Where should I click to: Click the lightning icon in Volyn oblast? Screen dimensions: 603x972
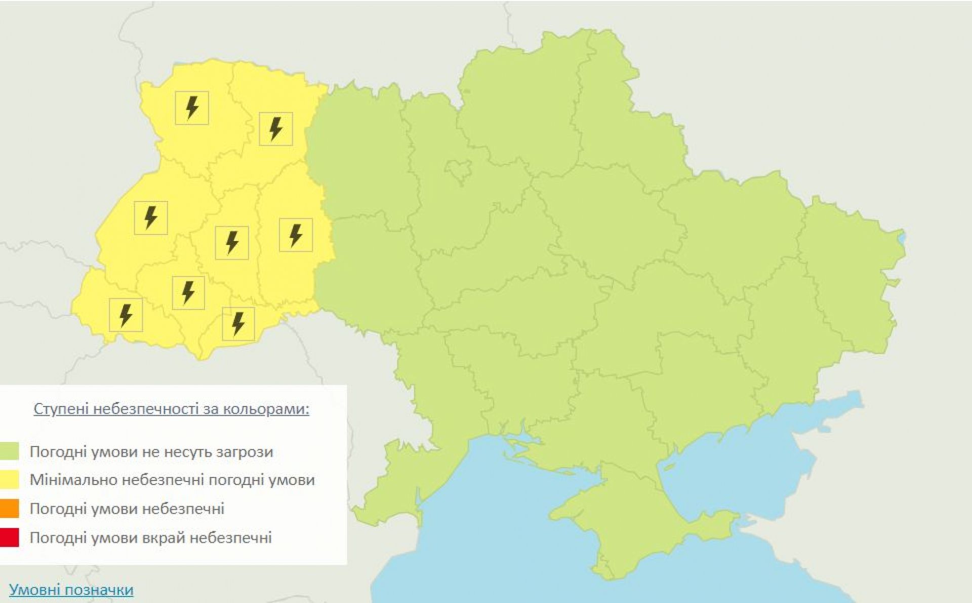192,108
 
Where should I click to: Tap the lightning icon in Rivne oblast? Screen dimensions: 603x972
276,129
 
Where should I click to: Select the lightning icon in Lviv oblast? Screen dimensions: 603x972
151,218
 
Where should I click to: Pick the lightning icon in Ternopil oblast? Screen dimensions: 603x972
232,243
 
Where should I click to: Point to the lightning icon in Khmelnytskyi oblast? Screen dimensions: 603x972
296,235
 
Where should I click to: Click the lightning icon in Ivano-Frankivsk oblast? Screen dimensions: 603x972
188,293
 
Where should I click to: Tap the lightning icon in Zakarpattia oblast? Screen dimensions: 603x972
126,315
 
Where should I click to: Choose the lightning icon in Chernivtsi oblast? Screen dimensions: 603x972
238,324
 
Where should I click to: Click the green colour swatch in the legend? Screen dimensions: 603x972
10,451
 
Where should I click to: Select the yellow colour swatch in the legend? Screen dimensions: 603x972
10,479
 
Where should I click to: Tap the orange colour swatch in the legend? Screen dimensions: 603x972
10,508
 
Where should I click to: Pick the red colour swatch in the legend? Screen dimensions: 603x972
10,537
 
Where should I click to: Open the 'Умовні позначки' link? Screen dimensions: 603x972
71,590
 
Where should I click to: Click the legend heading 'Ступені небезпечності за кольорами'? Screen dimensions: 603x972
171,409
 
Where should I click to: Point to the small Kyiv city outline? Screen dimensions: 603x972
460,171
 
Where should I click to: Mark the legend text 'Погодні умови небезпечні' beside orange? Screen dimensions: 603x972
127,508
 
